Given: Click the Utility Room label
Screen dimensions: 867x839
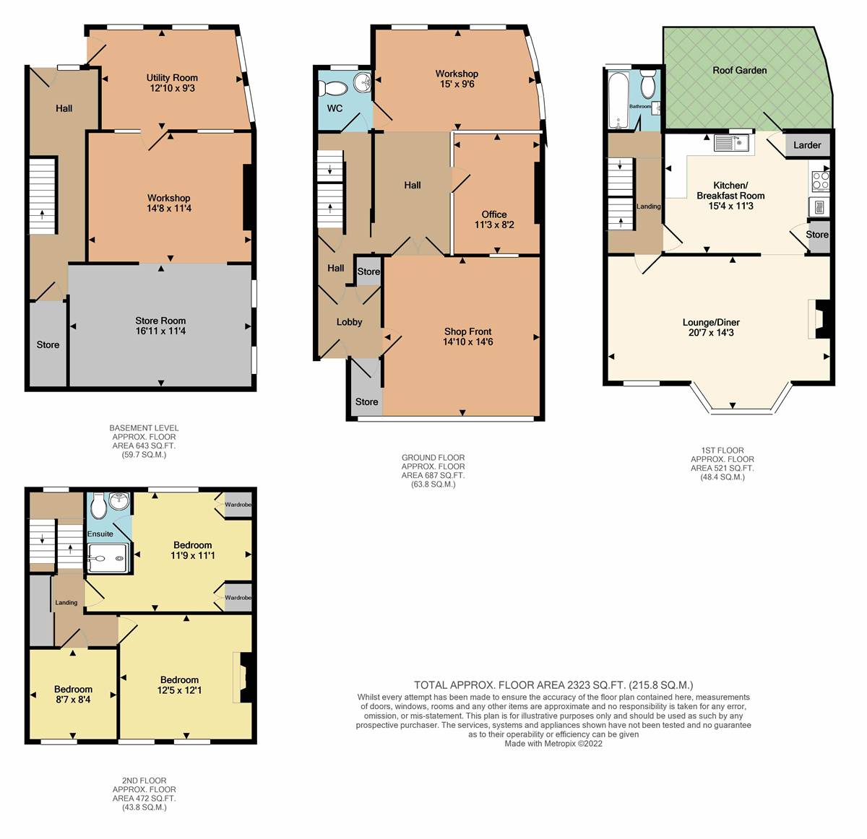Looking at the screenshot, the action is tap(172, 78).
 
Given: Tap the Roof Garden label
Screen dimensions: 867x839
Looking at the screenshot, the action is tap(740, 70).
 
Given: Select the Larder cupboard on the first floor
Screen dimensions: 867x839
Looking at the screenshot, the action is tap(807, 145).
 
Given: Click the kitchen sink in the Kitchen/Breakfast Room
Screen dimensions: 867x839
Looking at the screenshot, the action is tap(732, 143).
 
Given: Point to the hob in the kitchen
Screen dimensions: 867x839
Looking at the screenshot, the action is tap(821, 181).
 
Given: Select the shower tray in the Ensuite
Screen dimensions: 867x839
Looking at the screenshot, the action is tap(108, 557).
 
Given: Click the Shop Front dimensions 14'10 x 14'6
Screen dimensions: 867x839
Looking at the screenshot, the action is tap(467, 342).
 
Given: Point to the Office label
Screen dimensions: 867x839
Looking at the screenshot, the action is tap(494, 214).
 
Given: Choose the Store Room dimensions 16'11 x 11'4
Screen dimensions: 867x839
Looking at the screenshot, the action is tap(160, 331).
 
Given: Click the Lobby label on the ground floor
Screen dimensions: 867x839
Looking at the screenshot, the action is tap(349, 322).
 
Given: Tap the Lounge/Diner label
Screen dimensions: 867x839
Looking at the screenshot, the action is tap(711, 322).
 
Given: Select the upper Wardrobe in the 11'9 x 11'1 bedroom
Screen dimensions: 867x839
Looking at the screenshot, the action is tap(238, 505).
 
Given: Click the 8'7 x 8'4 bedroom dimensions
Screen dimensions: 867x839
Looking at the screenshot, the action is tap(73, 700).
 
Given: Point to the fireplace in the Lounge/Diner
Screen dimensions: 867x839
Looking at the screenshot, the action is tap(820, 319).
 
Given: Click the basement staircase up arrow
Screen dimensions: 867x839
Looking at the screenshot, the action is tap(43, 214).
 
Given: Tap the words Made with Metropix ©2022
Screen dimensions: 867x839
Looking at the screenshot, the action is tap(553, 744).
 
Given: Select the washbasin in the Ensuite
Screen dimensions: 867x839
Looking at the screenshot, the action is tap(119, 501).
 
